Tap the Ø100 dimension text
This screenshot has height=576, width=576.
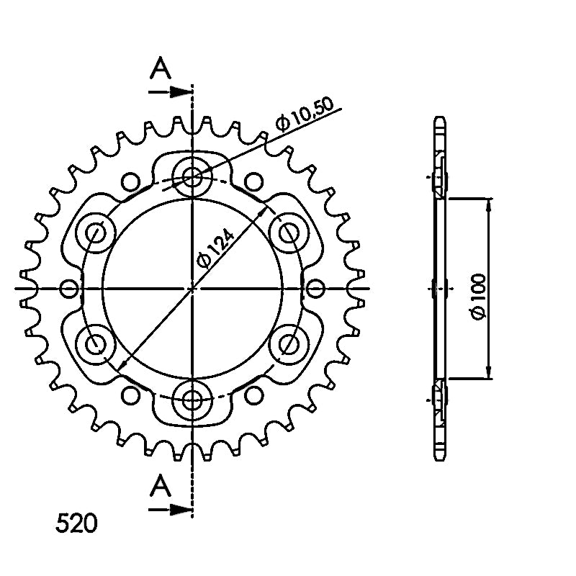pos(478,297)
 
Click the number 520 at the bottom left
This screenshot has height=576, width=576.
pos(76,523)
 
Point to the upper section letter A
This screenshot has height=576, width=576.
pos(160,68)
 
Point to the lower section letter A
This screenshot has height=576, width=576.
pos(160,485)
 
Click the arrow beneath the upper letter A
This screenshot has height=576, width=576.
pos(171,92)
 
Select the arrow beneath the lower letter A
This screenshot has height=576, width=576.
pos(171,509)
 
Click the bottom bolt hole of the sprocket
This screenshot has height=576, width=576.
pos(192,400)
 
